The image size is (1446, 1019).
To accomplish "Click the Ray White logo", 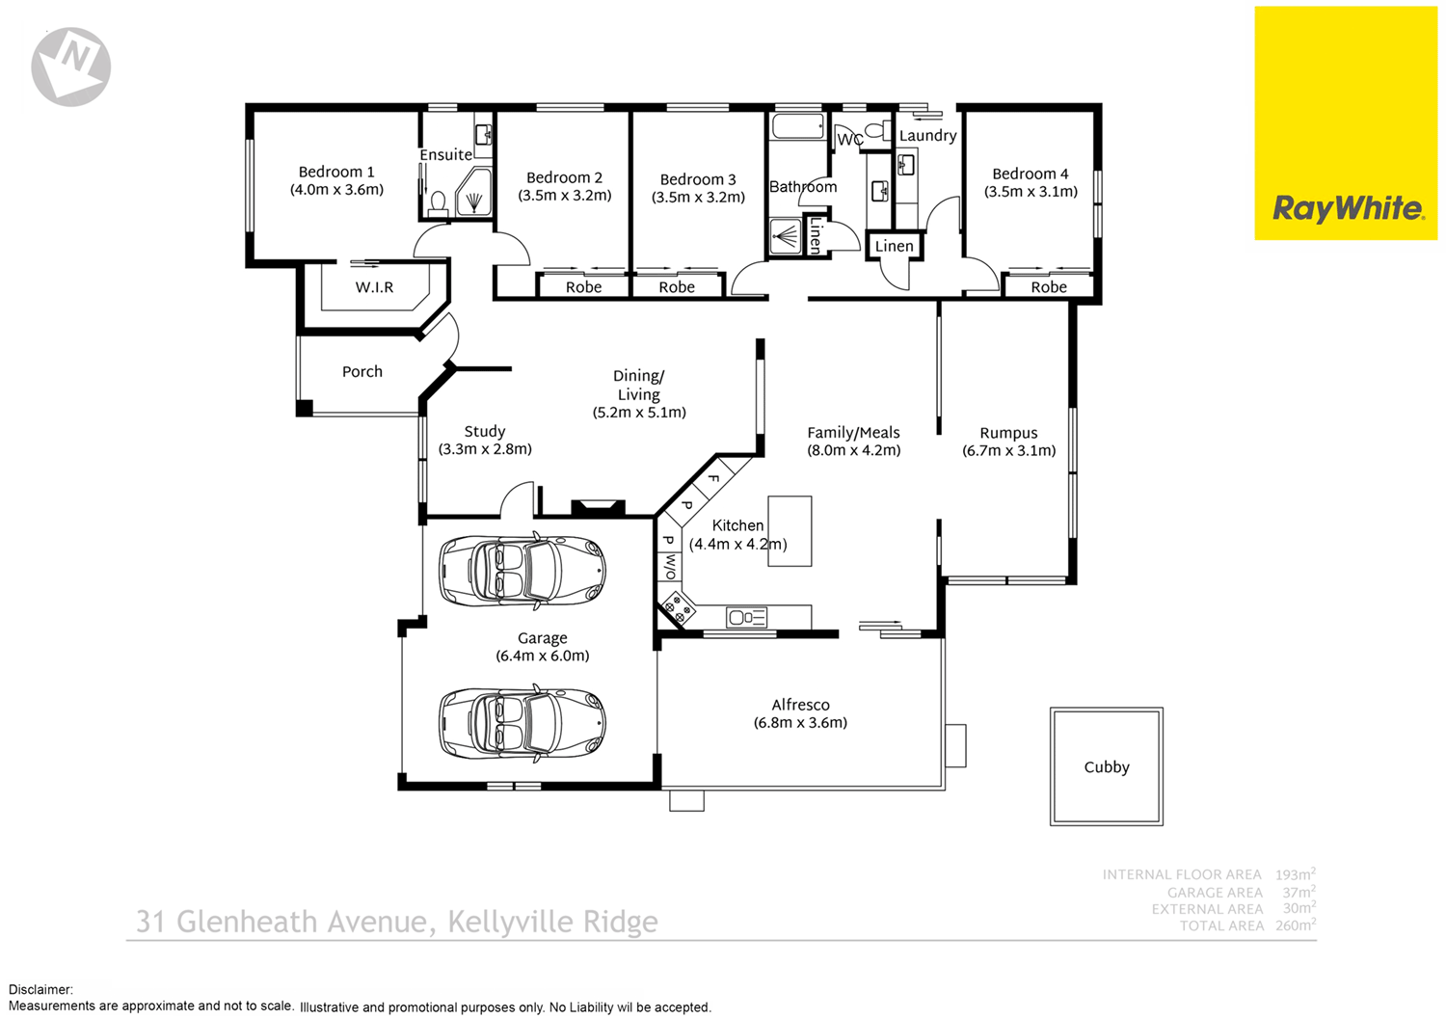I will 1346,208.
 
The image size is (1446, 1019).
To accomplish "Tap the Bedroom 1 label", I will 336,173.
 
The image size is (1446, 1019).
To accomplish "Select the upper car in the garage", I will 522,571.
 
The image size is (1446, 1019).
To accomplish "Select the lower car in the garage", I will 522,723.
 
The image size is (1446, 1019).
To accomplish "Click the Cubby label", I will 1106,767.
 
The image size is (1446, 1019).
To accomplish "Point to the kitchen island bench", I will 790,531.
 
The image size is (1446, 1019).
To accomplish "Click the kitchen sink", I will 747,617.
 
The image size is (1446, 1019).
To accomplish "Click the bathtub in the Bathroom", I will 797,127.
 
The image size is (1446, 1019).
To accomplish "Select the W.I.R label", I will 374,287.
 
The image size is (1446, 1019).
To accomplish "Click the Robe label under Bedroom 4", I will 1049,287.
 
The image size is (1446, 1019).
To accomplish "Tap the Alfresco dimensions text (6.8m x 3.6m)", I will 800,723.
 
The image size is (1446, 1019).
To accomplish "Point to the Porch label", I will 362,372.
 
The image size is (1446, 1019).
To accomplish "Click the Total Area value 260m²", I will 1295,925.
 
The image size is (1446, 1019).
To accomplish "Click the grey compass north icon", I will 71,66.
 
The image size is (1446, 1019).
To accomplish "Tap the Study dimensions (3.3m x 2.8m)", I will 485,449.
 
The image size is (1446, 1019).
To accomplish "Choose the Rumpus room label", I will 1008,434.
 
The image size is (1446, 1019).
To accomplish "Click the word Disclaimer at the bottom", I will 40,989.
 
